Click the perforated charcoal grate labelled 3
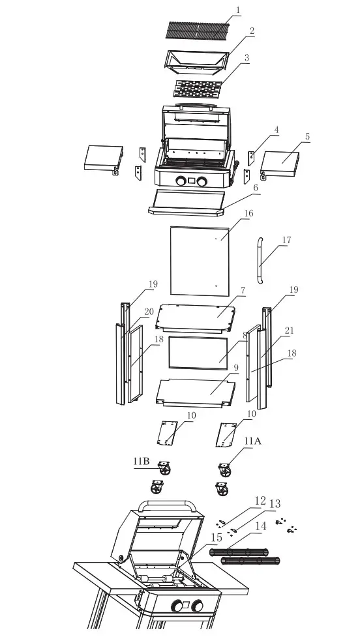click(x=198, y=85)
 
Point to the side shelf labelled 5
click(x=280, y=162)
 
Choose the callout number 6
click(x=256, y=186)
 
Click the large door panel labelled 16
click(x=199, y=260)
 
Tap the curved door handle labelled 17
click(x=260, y=261)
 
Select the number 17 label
click(x=286, y=239)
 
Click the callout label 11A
click(x=252, y=441)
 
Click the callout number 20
click(x=149, y=312)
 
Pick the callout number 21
click(x=289, y=331)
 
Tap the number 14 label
click(x=260, y=525)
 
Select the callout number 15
click(x=217, y=537)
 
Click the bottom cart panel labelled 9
click(x=196, y=391)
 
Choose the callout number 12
click(x=259, y=501)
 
